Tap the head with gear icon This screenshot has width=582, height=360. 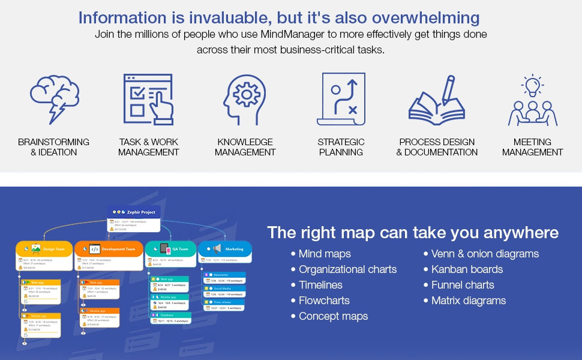coord(245,98)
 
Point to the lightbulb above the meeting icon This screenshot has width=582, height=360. coord(532,85)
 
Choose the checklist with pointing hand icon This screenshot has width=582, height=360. coord(148,98)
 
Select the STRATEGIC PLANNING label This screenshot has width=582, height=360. coord(341,147)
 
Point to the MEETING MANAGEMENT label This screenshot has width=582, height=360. coord(532,147)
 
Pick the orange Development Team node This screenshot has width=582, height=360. coord(107,248)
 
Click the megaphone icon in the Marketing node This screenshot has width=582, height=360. coord(217,248)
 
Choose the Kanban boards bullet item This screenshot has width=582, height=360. coord(467,269)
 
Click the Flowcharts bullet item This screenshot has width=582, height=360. coord(324,301)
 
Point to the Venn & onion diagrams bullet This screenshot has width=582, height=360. coord(485,254)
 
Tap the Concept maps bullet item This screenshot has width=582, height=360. coord(333,316)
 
